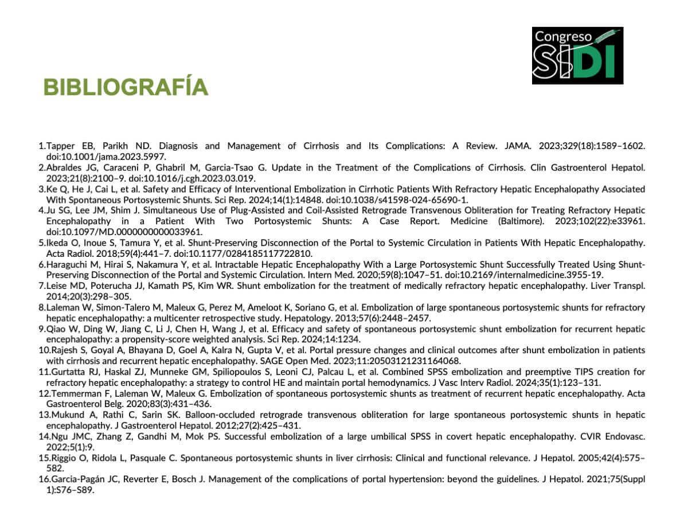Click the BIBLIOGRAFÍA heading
point(126,87)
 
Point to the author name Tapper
point(59,146)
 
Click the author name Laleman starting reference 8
point(62,307)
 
